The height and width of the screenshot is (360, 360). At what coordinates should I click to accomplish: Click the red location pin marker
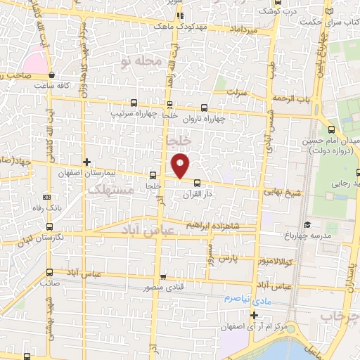click(181, 165)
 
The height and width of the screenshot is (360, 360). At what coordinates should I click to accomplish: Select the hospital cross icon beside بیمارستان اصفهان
click(86, 162)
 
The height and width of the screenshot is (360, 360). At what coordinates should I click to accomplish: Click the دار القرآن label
click(196, 193)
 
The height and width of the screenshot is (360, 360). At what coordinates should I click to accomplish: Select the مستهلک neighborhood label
click(106, 190)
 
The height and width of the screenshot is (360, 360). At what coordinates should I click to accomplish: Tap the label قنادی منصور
click(164, 287)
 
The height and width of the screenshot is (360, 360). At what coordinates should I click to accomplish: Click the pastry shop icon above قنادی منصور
click(164, 277)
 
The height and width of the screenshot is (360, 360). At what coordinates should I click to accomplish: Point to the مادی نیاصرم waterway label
click(247, 298)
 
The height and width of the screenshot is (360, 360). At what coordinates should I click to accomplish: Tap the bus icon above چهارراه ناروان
click(204, 108)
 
